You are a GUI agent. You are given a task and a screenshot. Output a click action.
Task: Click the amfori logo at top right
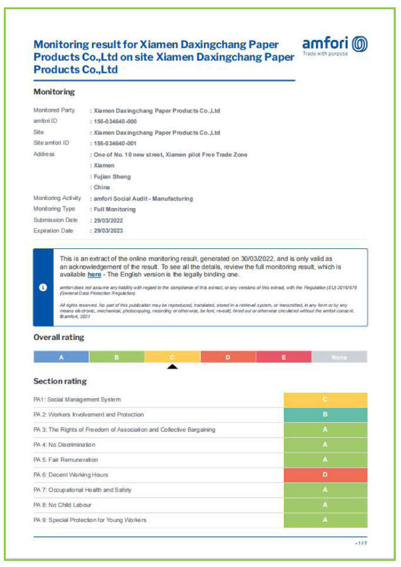coord(335,46)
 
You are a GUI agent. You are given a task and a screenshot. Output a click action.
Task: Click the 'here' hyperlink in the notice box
coord(94,274)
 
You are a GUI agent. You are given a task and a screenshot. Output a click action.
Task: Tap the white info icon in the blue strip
coord(43,287)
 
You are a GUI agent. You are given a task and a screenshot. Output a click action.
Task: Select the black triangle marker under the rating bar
coord(172,367)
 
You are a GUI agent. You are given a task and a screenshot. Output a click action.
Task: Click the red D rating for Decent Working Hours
coord(325,475)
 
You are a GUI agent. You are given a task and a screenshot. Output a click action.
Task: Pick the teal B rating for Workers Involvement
coord(325,415)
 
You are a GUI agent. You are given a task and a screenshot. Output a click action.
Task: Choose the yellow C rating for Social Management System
coord(325,400)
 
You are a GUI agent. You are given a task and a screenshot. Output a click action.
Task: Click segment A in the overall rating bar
coord(61,357)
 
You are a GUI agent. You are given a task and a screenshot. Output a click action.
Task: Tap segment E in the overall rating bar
coord(283,357)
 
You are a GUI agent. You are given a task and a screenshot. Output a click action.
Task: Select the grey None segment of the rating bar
coord(339,357)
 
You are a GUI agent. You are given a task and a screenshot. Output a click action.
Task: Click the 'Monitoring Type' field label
coord(54,209)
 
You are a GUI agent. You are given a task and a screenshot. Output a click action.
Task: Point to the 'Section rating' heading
coord(60,381)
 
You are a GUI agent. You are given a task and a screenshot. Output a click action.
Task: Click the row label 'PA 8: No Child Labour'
coord(62,505)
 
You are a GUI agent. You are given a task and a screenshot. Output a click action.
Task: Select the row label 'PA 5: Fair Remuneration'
coord(66,460)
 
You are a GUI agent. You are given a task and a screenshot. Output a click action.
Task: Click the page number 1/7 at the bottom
coord(362,543)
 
